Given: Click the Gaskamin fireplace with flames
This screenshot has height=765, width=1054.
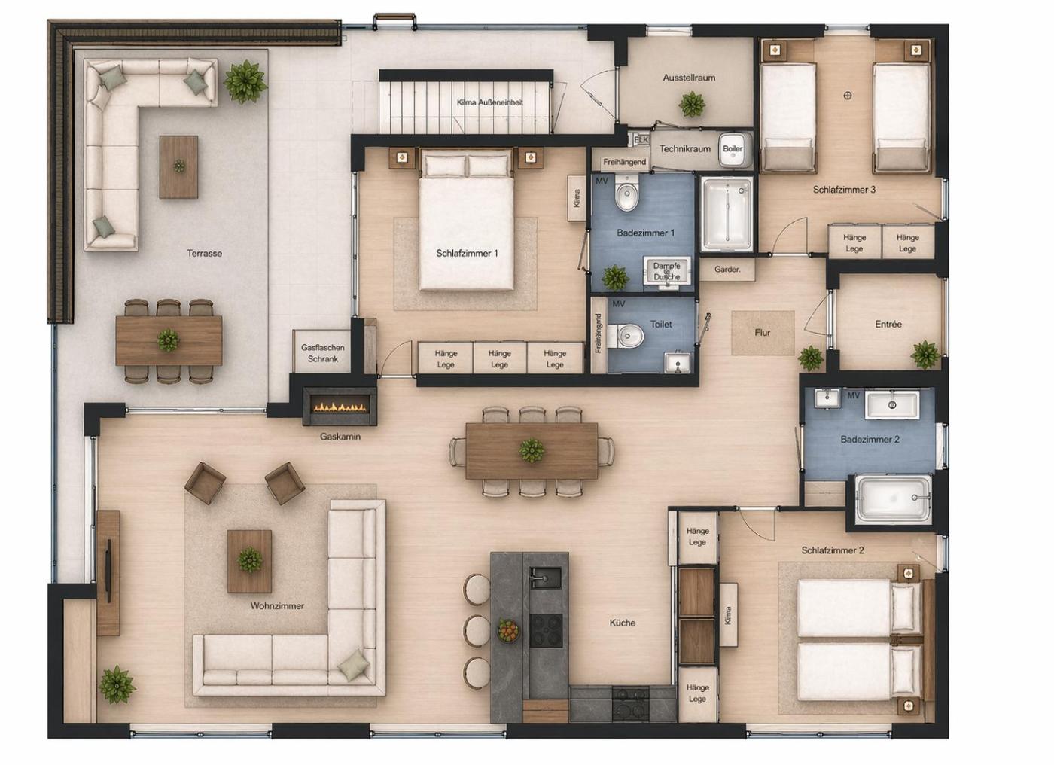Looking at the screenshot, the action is coord(340,406).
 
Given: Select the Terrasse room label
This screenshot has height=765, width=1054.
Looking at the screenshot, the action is coord(204,253).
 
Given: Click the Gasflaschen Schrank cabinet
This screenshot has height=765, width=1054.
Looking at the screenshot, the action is coord(322,352).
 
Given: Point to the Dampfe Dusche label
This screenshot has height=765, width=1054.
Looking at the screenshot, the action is coord(666,272).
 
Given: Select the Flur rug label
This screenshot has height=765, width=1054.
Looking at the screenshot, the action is coord(762,333).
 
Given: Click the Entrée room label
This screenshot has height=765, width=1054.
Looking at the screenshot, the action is coord(888,325).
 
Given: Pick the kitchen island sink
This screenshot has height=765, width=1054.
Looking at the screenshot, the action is coord(546,578).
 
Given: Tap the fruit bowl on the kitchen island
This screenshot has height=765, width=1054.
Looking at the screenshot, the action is coord(509,629).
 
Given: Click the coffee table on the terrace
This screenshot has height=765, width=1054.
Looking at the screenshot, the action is coord(178,167).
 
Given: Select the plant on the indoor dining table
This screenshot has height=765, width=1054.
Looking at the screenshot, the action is coord(532,450).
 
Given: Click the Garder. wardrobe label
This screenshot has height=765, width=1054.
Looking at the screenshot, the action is coord(727,270).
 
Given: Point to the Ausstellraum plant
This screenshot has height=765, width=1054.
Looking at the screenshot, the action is coord(692,105).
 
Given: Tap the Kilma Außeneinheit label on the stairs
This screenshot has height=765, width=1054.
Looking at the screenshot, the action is coord(490,102).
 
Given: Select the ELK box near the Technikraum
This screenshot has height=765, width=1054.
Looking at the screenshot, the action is coord(641,140).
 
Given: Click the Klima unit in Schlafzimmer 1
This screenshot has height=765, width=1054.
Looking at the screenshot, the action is coord(577,197).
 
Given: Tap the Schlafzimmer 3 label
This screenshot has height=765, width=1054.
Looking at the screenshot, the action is coord(844,190).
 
